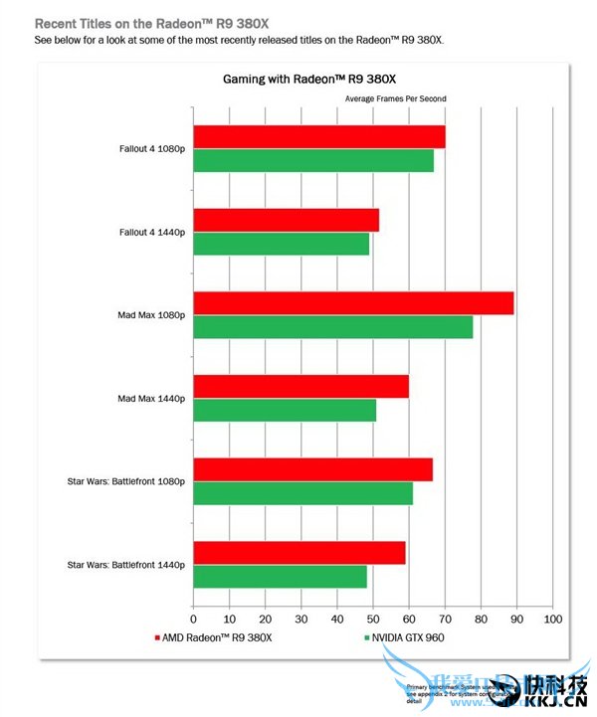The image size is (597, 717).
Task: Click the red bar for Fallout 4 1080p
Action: [318, 137]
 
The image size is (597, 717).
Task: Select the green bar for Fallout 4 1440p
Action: [281, 244]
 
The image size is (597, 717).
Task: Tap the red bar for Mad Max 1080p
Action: [353, 303]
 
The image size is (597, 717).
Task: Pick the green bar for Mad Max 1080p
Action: [332, 326]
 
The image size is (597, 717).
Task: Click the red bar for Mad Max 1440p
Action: [300, 387]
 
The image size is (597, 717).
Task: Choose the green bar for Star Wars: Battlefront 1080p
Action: [302, 493]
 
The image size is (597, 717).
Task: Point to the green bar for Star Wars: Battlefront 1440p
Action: [280, 577]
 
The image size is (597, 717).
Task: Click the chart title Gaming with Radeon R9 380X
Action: [303, 81]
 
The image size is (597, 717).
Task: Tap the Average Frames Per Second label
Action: [395, 99]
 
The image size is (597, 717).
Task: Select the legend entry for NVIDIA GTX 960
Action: [410, 635]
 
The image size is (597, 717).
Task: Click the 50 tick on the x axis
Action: [373, 619]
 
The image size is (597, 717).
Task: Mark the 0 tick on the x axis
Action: [193, 619]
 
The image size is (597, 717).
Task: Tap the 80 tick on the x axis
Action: [481, 619]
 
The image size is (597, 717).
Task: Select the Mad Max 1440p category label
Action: [151, 399]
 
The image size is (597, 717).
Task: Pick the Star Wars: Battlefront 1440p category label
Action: [126, 565]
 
